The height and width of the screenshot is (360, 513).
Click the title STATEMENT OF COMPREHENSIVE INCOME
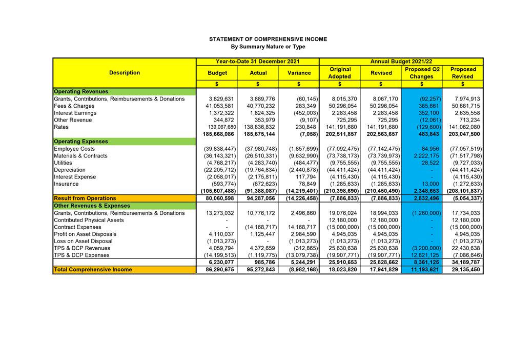pyautogui.click(x=268, y=39)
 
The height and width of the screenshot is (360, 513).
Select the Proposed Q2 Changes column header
pyautogui.click(x=421, y=73)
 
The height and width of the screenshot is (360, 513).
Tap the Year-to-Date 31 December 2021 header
pyautogui.click(x=257, y=62)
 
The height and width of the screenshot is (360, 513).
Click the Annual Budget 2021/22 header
pyautogui.click(x=401, y=62)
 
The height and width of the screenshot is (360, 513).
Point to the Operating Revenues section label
pyautogui.click(x=81, y=92)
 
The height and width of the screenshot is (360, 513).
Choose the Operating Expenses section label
pyautogui.click(x=81, y=142)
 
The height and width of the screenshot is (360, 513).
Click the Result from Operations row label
pyautogui.click(x=85, y=198)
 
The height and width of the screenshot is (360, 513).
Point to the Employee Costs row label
pyautogui.click(x=74, y=149)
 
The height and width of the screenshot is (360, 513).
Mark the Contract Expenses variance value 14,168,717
pyautogui.click(x=300, y=227)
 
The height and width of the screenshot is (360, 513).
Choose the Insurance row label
pyautogui.click(x=67, y=184)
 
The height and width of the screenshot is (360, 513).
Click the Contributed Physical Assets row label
pyautogui.click(x=89, y=220)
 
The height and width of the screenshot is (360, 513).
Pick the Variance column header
pyautogui.click(x=299, y=73)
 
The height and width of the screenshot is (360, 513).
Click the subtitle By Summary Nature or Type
pyautogui.click(x=268, y=47)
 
